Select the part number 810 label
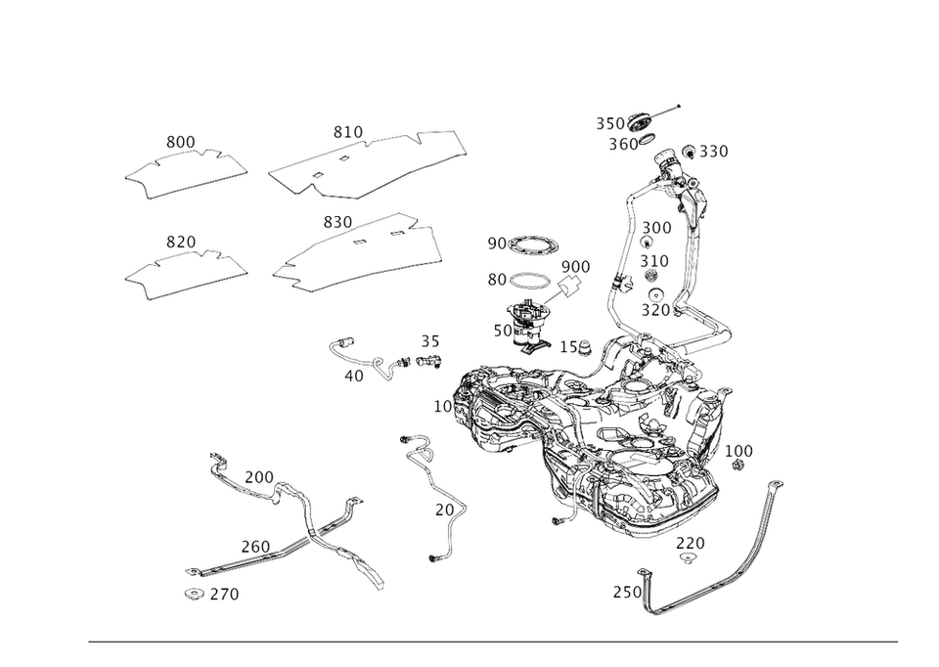point(347,131)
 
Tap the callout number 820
point(181,240)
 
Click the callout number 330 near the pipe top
point(706,152)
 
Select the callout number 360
point(624,144)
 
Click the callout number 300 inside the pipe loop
point(657,227)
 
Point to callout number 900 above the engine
point(575,266)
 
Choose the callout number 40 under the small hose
point(354,374)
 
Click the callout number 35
point(428,341)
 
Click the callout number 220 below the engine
point(691,541)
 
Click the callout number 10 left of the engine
point(441,403)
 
